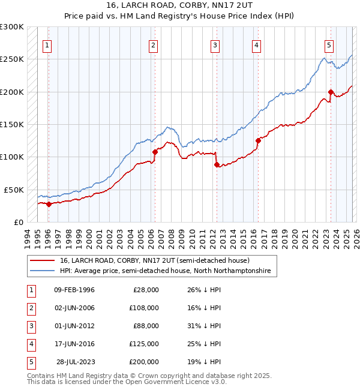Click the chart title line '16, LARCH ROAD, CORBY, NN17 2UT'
(x=180, y=6)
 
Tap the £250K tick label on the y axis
(x=12, y=59)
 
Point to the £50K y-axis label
(x=14, y=190)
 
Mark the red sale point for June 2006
(x=154, y=152)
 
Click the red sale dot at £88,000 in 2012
(x=217, y=165)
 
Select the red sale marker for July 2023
(x=331, y=92)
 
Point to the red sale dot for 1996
(x=49, y=204)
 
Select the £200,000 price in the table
(x=144, y=362)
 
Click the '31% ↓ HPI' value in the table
(x=204, y=326)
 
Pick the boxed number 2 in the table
(x=31, y=308)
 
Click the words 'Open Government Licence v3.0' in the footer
(x=176, y=382)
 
